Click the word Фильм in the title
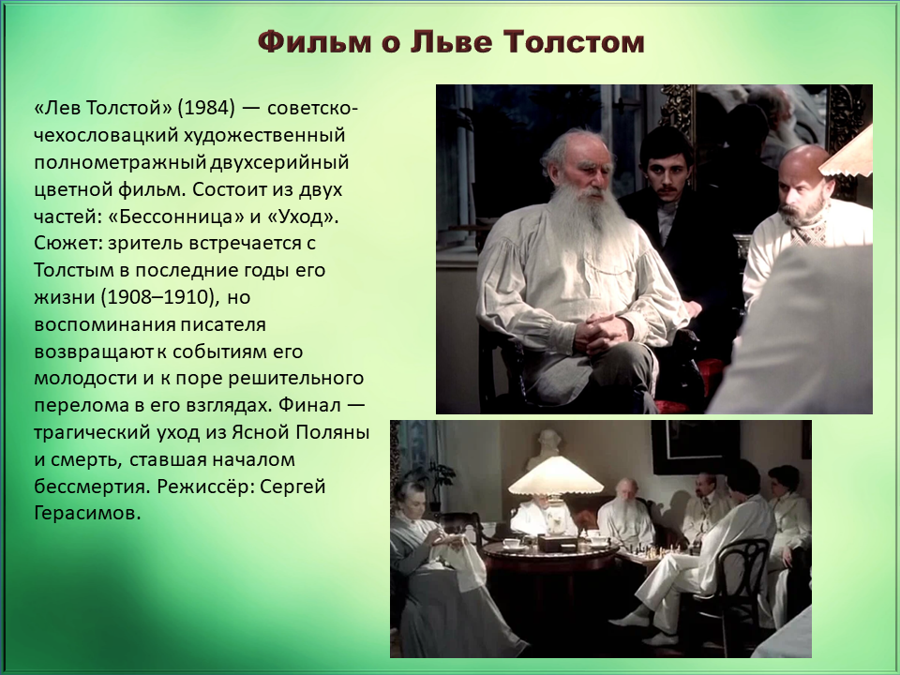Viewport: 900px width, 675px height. click(x=314, y=42)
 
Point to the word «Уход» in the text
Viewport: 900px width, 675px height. click(x=303, y=217)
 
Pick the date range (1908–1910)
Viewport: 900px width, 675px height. click(x=160, y=297)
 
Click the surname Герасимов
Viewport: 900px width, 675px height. click(x=87, y=513)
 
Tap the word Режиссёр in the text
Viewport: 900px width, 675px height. click(x=205, y=487)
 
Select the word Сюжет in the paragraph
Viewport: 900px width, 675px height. click(x=67, y=244)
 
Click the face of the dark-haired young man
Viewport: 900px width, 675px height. click(x=666, y=170)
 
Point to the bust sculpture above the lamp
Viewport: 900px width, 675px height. click(x=546, y=449)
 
